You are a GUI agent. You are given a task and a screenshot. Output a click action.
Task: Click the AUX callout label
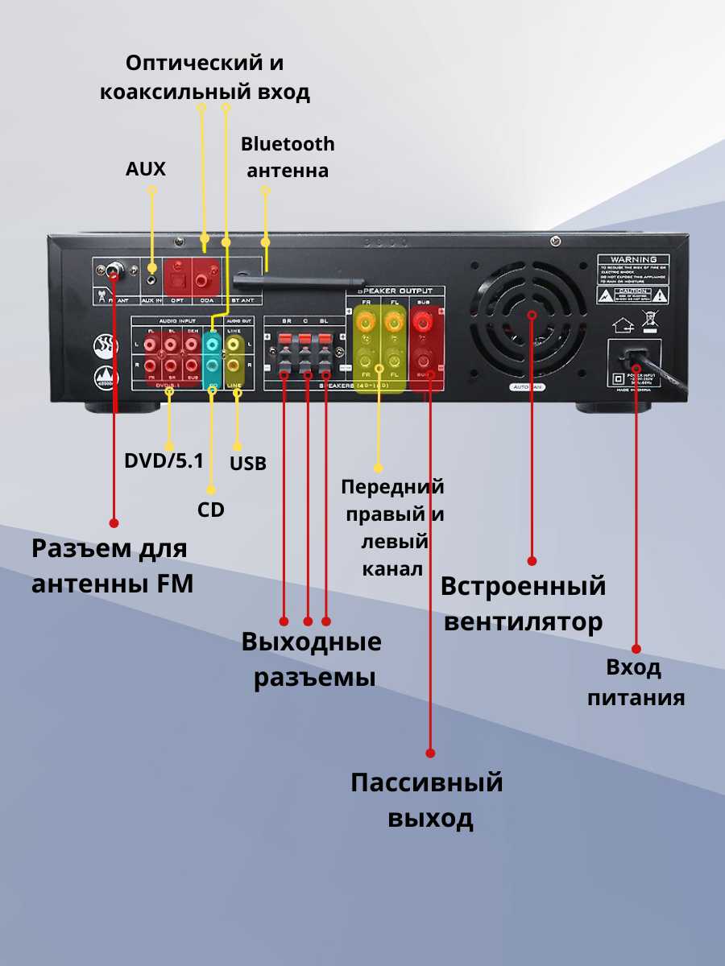[146, 169]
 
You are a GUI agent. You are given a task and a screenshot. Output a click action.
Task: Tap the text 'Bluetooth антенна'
[288, 157]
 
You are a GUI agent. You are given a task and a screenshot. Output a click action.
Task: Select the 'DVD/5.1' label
[164, 460]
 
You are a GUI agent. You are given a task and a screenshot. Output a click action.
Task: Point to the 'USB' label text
[248, 464]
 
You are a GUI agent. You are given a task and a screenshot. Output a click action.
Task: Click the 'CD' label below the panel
[211, 510]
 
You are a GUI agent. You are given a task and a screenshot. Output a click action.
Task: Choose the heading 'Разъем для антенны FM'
[112, 566]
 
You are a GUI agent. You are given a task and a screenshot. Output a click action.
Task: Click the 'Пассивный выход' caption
[427, 800]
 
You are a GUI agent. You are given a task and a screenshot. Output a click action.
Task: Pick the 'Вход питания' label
[636, 682]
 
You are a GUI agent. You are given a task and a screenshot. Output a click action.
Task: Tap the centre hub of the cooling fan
[532, 315]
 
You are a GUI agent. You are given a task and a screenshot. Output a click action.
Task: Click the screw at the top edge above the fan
[555, 241]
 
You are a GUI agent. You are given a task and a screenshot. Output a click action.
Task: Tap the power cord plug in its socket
[637, 353]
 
